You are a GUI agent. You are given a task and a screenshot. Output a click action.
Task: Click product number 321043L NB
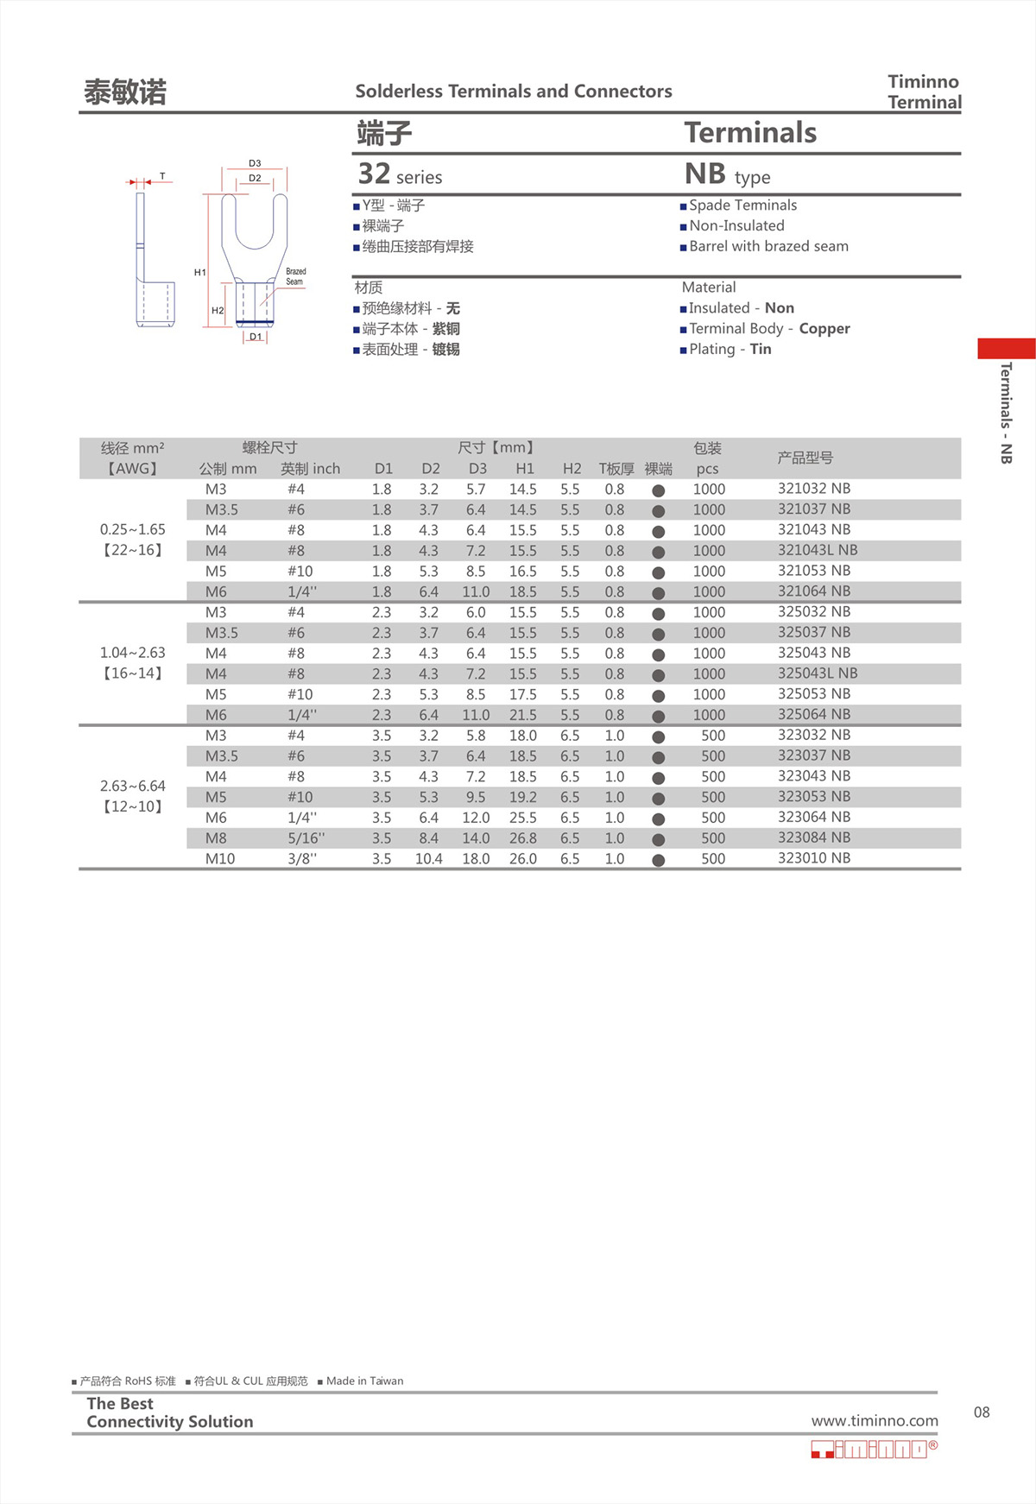(x=817, y=550)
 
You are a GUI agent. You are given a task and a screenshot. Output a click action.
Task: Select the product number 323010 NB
(x=813, y=858)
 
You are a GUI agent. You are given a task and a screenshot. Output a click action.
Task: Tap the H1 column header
(x=524, y=469)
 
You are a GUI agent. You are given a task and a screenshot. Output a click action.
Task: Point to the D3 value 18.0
(x=476, y=859)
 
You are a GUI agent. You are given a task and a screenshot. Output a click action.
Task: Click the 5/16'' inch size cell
(x=306, y=838)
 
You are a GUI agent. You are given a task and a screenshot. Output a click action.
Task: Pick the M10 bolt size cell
(x=219, y=859)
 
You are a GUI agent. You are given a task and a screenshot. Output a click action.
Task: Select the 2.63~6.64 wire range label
(x=132, y=786)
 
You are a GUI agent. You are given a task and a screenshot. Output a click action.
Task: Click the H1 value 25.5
(x=522, y=818)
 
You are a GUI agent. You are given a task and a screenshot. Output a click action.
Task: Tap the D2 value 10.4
(x=428, y=859)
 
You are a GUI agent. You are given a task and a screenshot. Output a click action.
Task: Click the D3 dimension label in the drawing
(x=255, y=163)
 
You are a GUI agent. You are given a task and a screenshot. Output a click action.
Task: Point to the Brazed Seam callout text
(x=295, y=276)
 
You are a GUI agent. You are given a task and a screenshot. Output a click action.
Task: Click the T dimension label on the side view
(x=162, y=177)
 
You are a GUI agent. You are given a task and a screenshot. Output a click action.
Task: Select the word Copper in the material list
(x=824, y=329)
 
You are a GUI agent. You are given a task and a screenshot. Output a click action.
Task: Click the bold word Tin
(x=760, y=350)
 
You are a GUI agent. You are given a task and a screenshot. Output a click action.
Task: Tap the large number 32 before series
(x=374, y=174)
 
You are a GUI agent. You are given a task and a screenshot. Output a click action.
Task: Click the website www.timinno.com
(x=874, y=1420)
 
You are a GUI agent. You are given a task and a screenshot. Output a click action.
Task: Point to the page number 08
(x=982, y=1412)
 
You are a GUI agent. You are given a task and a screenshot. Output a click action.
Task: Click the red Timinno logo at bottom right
(x=872, y=1449)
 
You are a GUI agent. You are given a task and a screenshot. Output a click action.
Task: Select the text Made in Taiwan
(x=364, y=1381)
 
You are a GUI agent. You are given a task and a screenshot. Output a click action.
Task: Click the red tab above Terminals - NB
(x=1006, y=348)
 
